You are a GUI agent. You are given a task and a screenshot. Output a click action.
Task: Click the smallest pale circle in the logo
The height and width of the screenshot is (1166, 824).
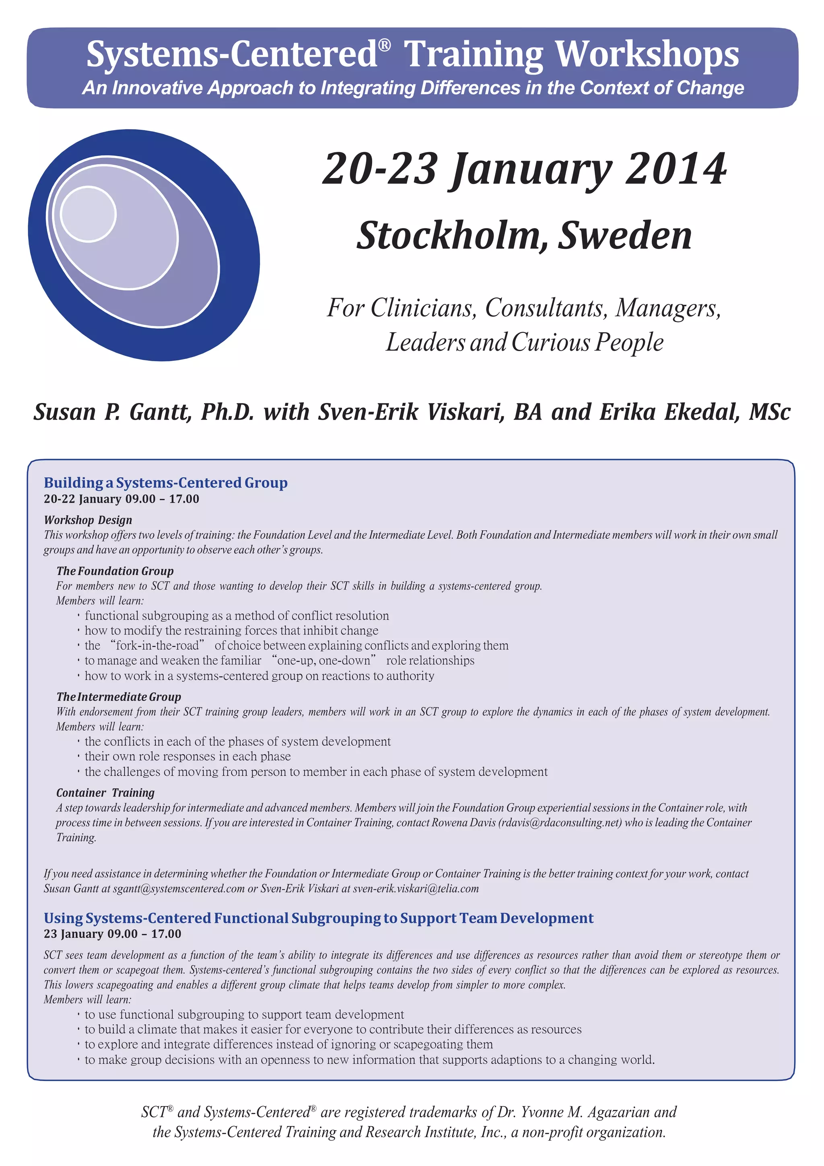point(88,214)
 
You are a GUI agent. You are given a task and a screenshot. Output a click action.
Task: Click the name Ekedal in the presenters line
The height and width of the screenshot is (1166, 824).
point(701,412)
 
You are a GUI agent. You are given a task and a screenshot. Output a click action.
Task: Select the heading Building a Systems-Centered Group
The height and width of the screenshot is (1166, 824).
point(165,482)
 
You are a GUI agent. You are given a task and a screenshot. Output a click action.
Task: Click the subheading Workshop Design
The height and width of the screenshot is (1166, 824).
point(88,520)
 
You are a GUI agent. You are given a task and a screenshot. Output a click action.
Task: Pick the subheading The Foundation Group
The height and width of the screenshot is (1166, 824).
point(115,571)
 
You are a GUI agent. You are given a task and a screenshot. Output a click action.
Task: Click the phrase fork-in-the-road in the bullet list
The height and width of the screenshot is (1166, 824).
point(157,645)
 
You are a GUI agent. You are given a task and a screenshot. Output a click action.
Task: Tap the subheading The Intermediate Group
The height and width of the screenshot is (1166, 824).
point(118,697)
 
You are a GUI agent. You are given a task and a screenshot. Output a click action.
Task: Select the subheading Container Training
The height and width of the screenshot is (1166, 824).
point(105,793)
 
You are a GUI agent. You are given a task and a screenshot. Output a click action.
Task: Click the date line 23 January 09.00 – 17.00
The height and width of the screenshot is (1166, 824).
point(112,934)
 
